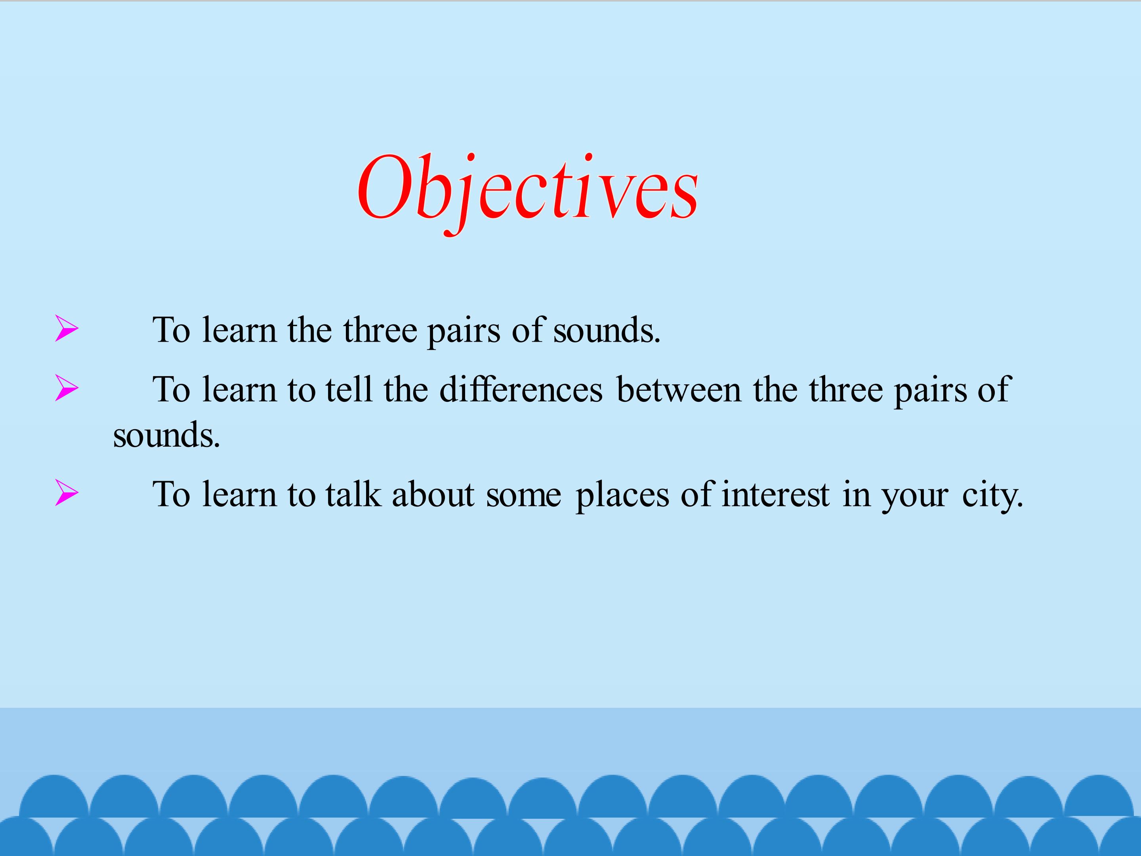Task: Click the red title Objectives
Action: [528, 193]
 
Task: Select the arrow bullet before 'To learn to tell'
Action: [67, 388]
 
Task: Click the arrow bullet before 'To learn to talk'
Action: [67, 493]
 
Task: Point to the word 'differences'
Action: [521, 389]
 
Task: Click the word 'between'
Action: [679, 389]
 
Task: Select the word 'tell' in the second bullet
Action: [349, 389]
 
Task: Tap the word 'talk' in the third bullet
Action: [353, 494]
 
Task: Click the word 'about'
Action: [433, 494]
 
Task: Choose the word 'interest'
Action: [775, 494]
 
